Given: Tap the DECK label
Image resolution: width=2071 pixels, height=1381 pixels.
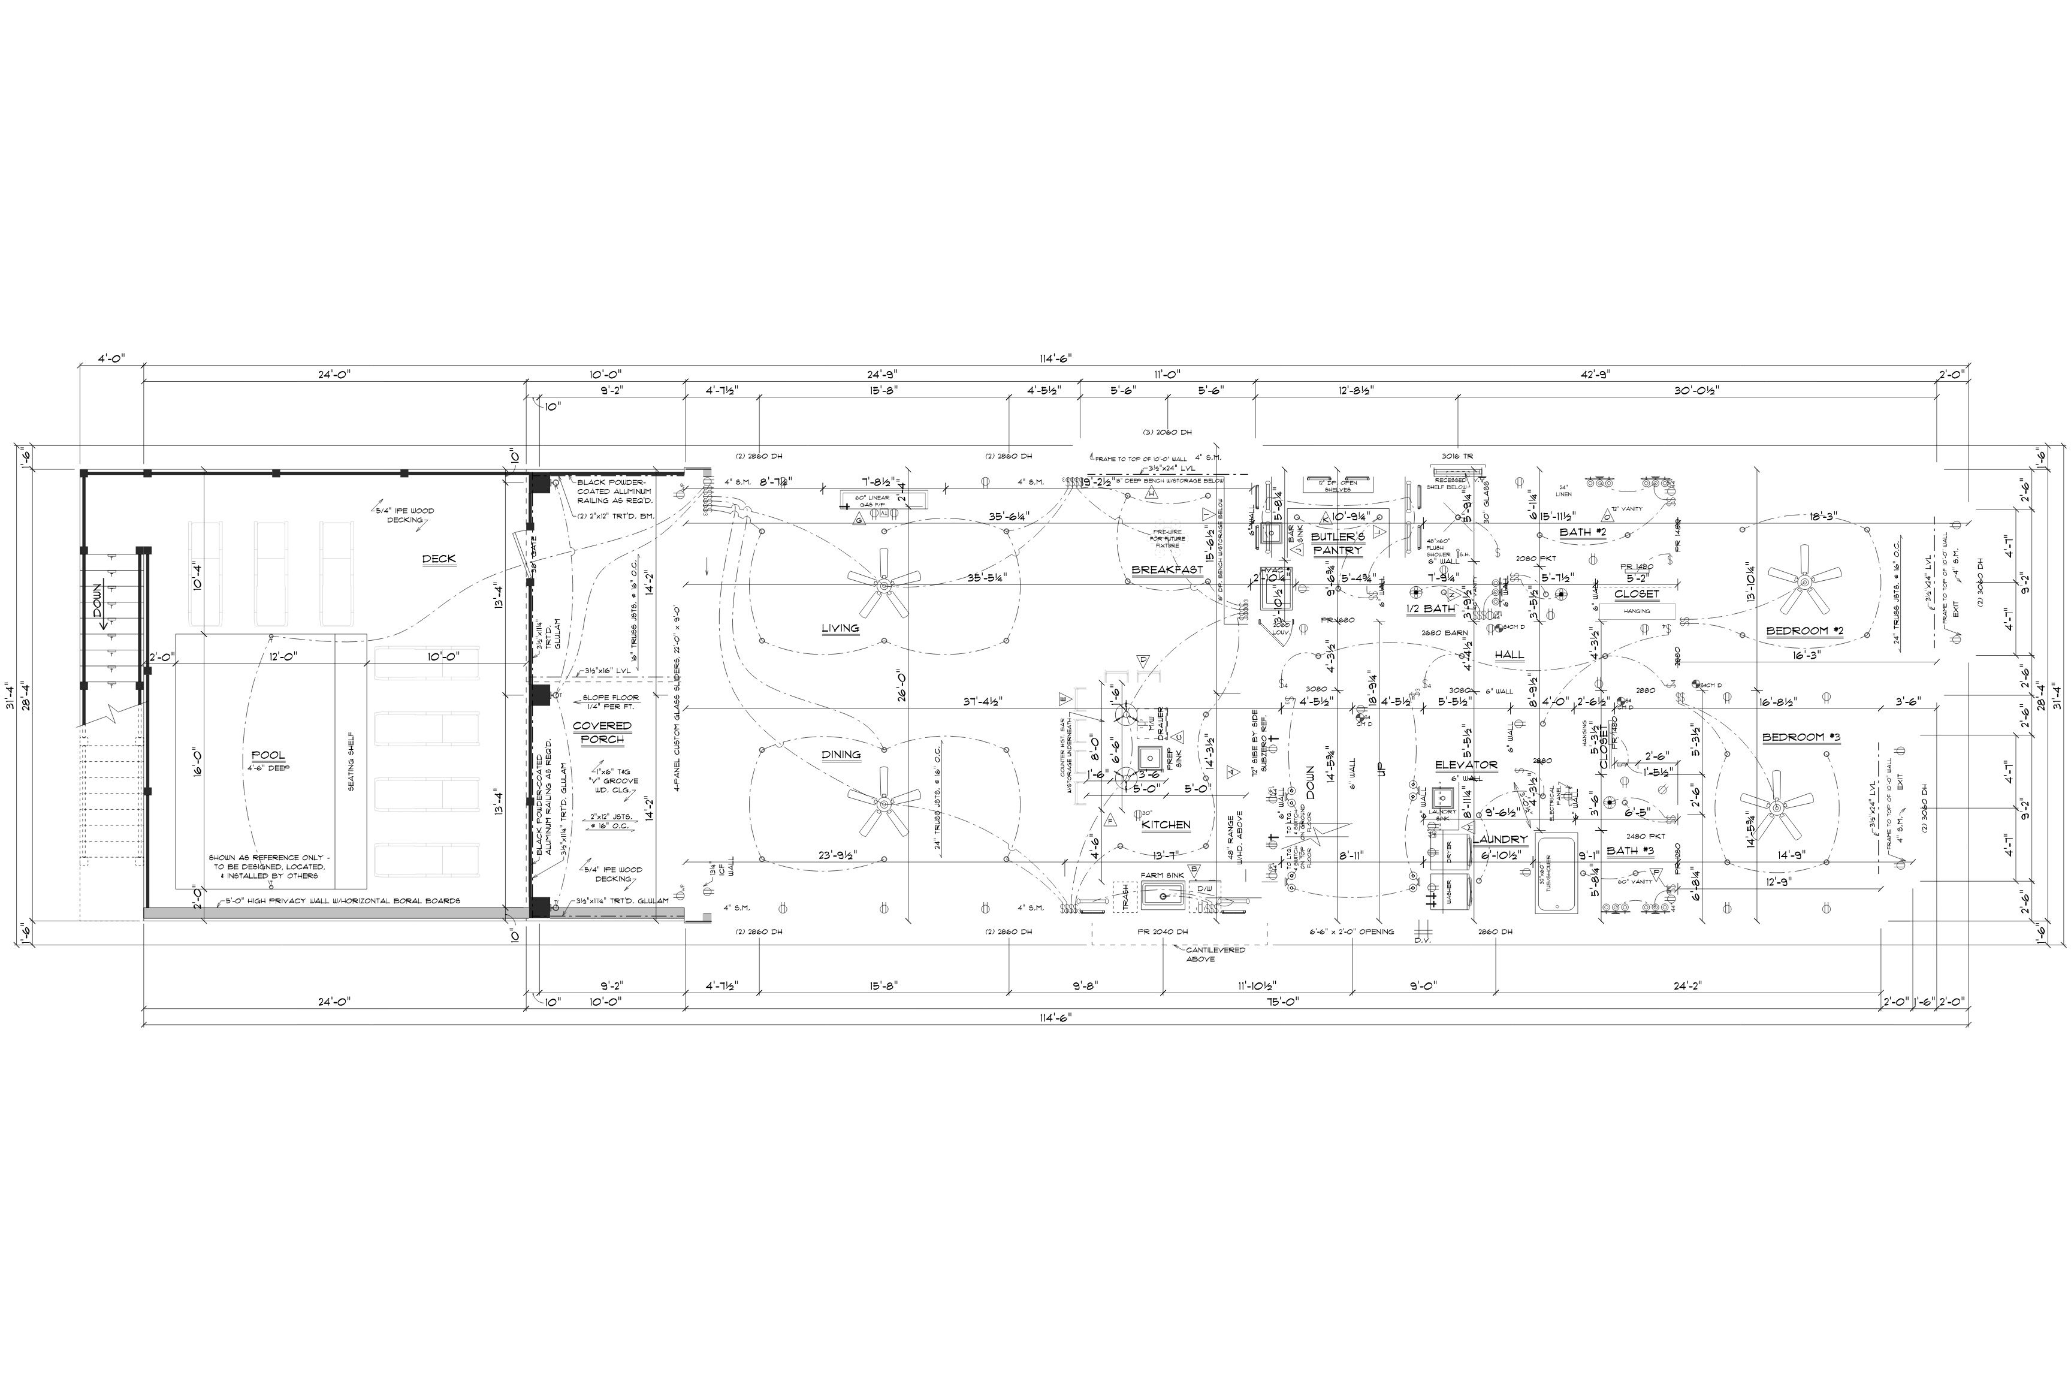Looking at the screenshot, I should coord(439,559).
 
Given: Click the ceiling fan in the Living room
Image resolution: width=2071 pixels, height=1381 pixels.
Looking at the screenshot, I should coord(882,582).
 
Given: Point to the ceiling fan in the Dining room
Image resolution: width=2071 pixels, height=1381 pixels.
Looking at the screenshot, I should coord(882,801).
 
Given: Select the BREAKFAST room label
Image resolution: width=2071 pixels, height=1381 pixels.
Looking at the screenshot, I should coord(1167,570).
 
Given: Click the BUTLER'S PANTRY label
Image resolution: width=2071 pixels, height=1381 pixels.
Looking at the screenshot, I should coord(1338,544).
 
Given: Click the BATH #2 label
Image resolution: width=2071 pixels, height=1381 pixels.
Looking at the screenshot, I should coord(1582,532).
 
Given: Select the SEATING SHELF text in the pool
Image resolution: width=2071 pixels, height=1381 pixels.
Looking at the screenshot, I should coord(351,761).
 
